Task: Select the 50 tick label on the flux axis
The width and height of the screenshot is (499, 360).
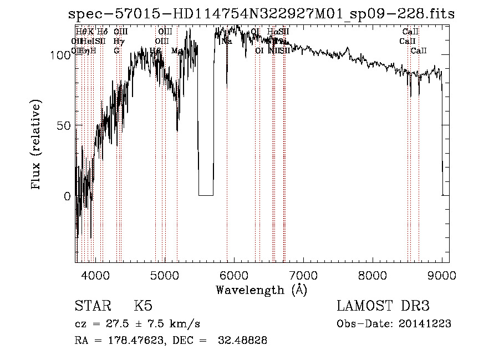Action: click(63, 125)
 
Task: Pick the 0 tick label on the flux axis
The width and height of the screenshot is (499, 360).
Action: click(67, 196)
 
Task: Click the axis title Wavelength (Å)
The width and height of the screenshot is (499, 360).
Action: click(261, 290)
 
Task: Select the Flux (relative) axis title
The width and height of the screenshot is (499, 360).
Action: click(37, 146)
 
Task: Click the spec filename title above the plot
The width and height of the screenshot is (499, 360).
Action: click(261, 14)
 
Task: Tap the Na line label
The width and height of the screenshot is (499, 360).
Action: click(227, 41)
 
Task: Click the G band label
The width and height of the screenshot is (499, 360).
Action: click(116, 50)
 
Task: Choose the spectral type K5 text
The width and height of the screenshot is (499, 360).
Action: click(143, 306)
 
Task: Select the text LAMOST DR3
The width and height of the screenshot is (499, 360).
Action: click(383, 306)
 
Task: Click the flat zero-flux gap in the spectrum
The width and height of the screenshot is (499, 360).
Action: click(206, 195)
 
